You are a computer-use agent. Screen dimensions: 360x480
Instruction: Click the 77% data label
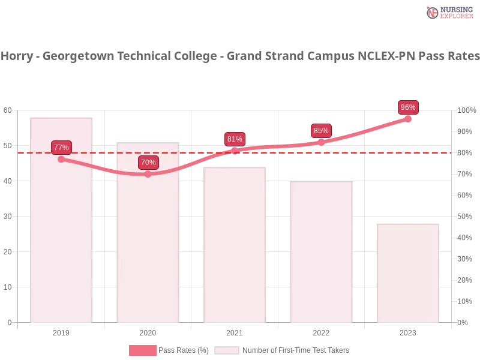(x=61, y=147)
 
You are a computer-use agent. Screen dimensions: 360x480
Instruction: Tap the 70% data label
(x=148, y=162)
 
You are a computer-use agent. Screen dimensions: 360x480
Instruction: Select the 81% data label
(x=235, y=139)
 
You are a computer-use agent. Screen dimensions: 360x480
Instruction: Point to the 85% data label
(x=321, y=130)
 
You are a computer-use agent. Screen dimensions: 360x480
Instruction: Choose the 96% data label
(x=408, y=107)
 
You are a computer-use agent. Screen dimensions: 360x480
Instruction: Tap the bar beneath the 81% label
(x=235, y=246)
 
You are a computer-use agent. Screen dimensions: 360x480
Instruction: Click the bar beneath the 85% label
(x=321, y=252)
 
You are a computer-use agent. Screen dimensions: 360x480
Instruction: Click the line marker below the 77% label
(x=61, y=159)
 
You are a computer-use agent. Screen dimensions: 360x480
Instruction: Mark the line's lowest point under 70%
(x=148, y=174)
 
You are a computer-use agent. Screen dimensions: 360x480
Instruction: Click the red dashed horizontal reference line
(x=276, y=152)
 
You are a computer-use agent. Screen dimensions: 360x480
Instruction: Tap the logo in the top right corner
(x=448, y=12)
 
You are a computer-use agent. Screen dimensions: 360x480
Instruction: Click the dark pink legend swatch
(x=142, y=350)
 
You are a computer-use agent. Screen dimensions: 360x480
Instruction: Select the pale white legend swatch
(x=227, y=350)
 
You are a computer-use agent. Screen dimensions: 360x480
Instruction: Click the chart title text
(x=240, y=56)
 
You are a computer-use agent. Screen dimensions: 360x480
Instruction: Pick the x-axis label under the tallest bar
(x=62, y=331)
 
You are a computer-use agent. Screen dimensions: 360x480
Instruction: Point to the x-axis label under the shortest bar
(x=408, y=331)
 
